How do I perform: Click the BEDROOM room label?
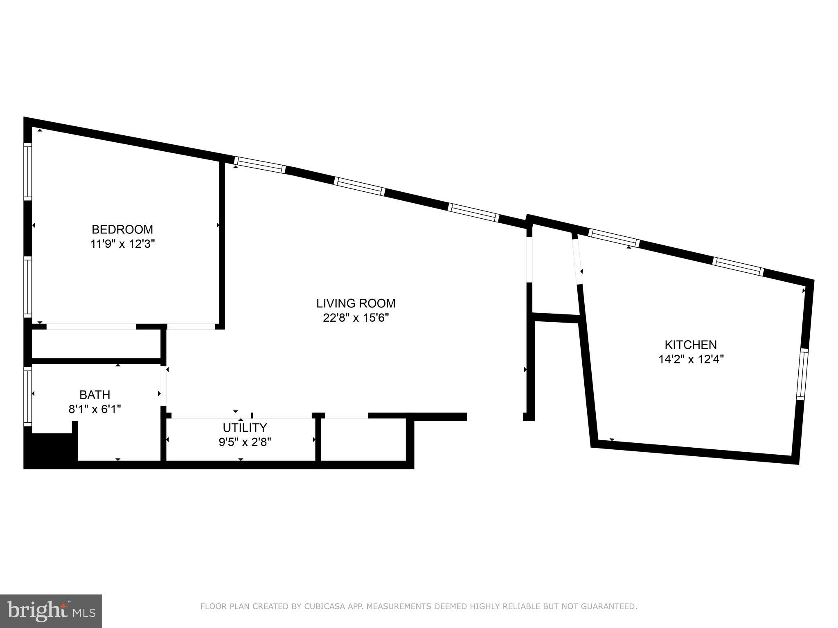point(122,229)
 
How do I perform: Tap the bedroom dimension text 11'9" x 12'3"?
point(122,244)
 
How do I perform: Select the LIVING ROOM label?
point(356,303)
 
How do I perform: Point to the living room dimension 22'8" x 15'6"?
point(356,318)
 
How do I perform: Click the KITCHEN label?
point(690,345)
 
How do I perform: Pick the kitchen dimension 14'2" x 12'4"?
point(691,359)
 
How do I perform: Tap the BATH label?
point(95,395)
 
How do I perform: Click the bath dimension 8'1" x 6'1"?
point(95,409)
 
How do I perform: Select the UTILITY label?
point(245,428)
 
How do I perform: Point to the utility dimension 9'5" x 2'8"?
point(245,442)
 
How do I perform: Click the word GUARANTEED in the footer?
point(612,606)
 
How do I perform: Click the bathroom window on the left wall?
point(28,395)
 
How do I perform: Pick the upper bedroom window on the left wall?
point(27,172)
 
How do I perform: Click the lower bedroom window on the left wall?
point(27,287)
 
